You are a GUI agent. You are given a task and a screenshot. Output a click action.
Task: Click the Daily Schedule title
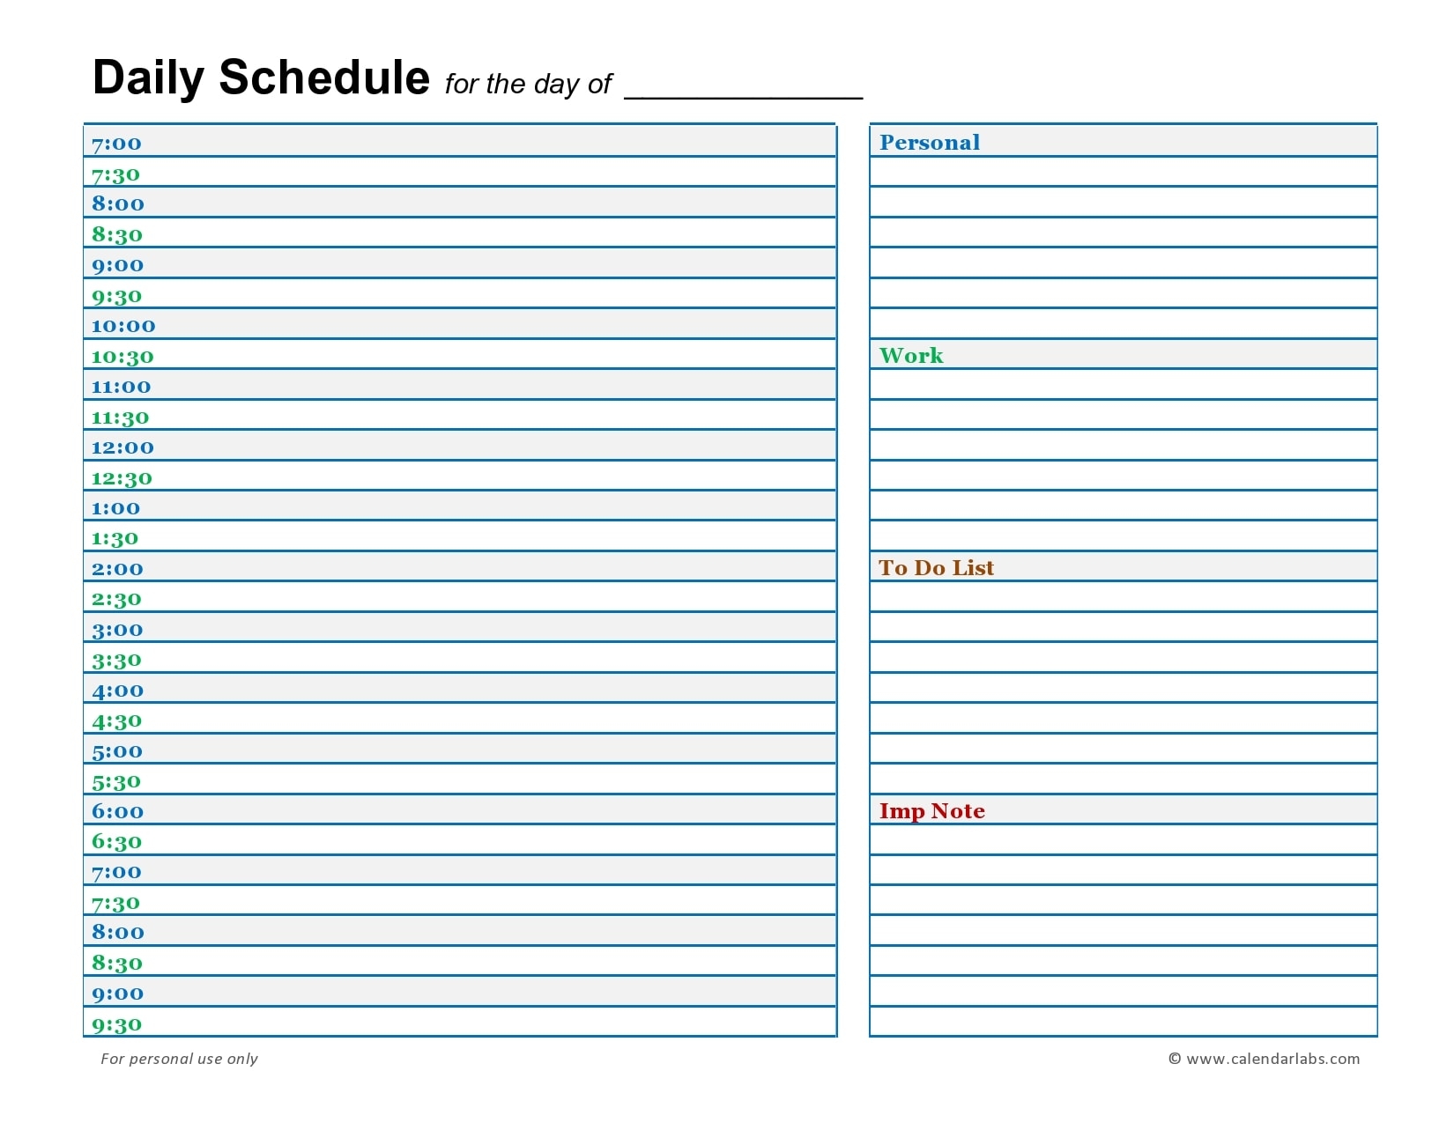click(x=261, y=78)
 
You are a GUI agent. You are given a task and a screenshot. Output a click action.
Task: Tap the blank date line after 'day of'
click(x=743, y=92)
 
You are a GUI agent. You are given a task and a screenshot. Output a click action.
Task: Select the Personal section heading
click(x=930, y=143)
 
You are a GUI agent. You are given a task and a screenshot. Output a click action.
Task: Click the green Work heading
click(x=911, y=356)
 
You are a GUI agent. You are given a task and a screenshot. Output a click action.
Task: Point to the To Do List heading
click(x=936, y=568)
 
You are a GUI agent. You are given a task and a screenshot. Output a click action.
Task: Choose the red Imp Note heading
click(x=931, y=811)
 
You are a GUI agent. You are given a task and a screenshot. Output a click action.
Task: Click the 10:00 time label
click(x=123, y=326)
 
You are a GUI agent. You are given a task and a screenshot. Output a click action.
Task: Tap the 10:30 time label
click(x=122, y=357)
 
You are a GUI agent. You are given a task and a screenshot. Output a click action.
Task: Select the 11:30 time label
click(x=121, y=417)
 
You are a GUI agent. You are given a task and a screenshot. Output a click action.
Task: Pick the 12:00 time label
click(x=122, y=447)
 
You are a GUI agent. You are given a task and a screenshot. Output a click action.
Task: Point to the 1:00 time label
click(x=115, y=508)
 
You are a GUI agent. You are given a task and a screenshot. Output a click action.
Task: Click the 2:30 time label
click(x=116, y=600)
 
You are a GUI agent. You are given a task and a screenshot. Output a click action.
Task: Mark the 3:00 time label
click(x=117, y=630)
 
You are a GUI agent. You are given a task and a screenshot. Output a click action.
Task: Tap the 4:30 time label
click(x=116, y=721)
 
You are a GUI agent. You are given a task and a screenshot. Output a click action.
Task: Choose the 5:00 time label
click(x=117, y=752)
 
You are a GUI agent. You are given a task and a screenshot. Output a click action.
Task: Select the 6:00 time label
click(x=117, y=812)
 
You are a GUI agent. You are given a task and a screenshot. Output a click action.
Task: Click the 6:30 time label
click(x=116, y=842)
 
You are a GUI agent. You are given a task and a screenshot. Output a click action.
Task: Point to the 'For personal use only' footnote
click(x=179, y=1059)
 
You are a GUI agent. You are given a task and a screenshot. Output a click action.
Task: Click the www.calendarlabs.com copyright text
click(x=1264, y=1059)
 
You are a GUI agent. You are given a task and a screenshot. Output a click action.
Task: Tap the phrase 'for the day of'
click(x=528, y=85)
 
